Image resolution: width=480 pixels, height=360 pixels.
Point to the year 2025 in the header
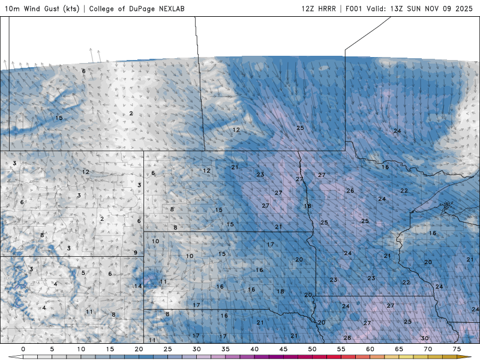(464, 9)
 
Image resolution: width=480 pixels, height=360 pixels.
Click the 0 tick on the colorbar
(23, 349)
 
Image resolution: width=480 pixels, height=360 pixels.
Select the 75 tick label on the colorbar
(457, 349)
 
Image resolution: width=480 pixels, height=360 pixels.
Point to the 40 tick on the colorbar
(254, 349)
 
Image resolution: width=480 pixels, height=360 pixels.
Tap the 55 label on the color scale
(341, 349)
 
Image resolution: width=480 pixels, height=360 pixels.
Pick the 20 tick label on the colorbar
(139, 349)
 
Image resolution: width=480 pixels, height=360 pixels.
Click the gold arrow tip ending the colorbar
(468, 356)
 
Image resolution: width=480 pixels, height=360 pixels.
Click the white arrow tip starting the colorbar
(12, 356)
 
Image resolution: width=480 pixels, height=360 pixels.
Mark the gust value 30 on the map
(425, 338)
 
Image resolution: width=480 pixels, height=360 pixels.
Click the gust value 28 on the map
(347, 338)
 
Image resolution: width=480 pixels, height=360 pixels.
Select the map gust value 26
(350, 191)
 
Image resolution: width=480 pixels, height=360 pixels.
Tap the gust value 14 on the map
(138, 286)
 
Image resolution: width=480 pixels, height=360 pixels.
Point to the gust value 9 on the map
(136, 253)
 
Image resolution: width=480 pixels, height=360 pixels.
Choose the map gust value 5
(83, 273)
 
